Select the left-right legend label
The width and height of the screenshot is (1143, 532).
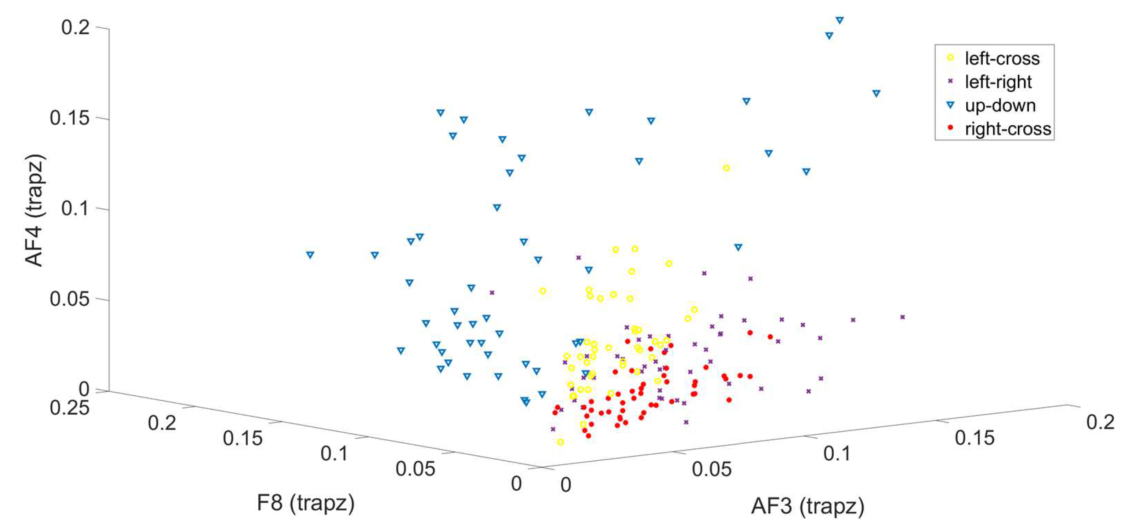pyautogui.click(x=998, y=82)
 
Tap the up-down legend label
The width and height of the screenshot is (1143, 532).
pyautogui.click(x=1000, y=106)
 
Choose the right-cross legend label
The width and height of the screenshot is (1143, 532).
pyautogui.click(x=1008, y=129)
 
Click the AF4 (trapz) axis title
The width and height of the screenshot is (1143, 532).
pyautogui.click(x=34, y=210)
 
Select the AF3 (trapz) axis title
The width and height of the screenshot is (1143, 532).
pyautogui.click(x=808, y=506)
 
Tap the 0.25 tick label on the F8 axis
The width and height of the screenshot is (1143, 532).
pyautogui.click(x=69, y=407)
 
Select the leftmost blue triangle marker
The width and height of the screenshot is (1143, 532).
pyautogui.click(x=310, y=255)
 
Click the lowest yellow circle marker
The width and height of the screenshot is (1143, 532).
pyautogui.click(x=560, y=442)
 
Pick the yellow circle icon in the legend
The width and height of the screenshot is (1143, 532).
pyautogui.click(x=950, y=57)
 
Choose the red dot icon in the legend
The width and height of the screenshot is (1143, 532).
pyautogui.click(x=950, y=128)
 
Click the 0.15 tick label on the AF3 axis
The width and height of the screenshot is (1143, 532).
pyautogui.click(x=974, y=438)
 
